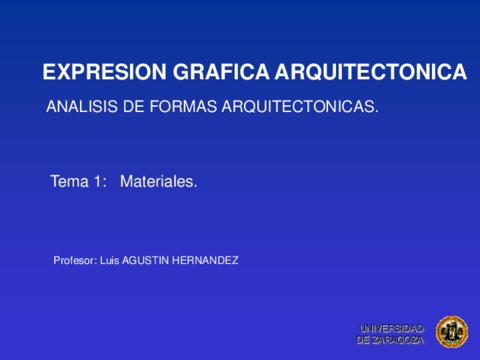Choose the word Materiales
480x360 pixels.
pos(158,182)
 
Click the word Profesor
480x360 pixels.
pos(73,260)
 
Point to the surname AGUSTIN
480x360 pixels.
pos(147,260)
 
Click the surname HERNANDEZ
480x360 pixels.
pos(206,260)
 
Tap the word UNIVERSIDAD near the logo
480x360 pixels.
pos(391,328)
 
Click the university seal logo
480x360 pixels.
pos(451,333)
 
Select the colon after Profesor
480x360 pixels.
pos(96,261)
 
